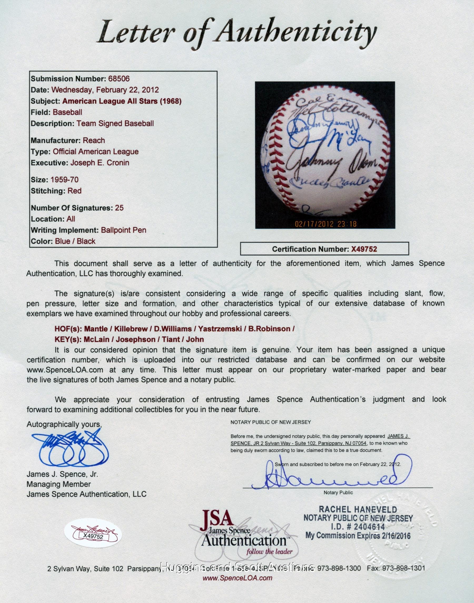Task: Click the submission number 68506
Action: pyautogui.click(x=118, y=79)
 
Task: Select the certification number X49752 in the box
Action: pyautogui.click(x=364, y=249)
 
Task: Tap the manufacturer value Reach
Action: pyautogui.click(x=94, y=140)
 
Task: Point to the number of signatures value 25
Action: pyautogui.click(x=119, y=207)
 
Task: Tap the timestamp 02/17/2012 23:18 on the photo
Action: pyautogui.click(x=325, y=224)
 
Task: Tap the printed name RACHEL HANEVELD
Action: pyautogui.click(x=358, y=509)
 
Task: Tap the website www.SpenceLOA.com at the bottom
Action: pyautogui.click(x=237, y=578)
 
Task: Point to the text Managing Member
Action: pyautogui.click(x=58, y=484)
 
